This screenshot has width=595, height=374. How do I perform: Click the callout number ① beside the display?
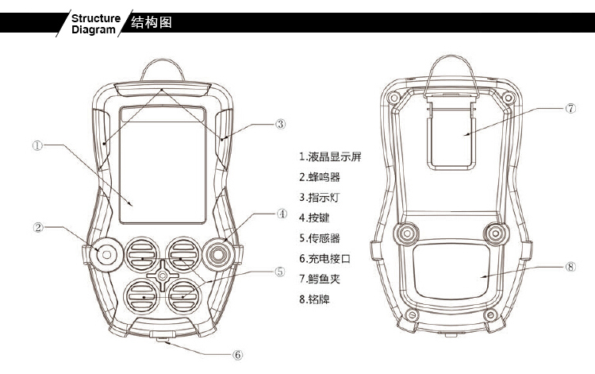point(37,145)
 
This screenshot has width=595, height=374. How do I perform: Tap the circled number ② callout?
point(37,227)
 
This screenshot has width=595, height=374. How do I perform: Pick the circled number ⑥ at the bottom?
point(237,355)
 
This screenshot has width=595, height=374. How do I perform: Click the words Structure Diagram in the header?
point(95,23)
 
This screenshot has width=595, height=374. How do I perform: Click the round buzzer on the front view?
point(104,254)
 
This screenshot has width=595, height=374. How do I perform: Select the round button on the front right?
point(218,254)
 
